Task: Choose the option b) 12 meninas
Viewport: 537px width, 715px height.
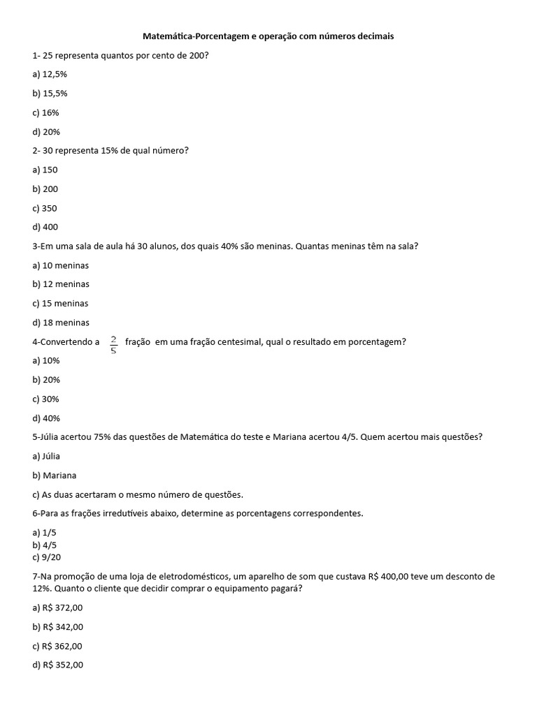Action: coord(61,284)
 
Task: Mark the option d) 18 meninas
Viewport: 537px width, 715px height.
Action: coord(61,323)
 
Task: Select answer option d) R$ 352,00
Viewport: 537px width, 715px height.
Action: coord(57,665)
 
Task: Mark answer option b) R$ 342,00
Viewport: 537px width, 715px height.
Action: coord(57,627)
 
